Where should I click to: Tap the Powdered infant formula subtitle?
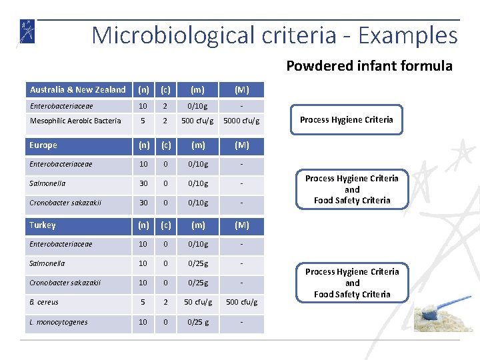pos(369,65)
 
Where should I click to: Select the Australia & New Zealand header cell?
pos(78,89)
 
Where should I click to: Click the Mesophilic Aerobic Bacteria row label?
pos(75,121)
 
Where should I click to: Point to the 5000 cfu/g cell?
pos(241,121)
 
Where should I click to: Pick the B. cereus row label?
pos(44,302)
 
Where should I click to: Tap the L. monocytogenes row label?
pos(58,322)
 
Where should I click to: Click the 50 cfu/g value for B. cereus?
pos(198,302)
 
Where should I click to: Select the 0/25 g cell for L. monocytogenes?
pos(198,322)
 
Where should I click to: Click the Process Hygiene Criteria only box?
pos(346,120)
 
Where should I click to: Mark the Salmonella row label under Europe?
pos(47,183)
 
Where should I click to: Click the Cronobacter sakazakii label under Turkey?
pos(65,283)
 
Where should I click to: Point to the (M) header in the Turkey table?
pos(241,225)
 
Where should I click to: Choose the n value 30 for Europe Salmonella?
pos(143,183)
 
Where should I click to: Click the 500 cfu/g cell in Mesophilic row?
pos(198,121)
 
